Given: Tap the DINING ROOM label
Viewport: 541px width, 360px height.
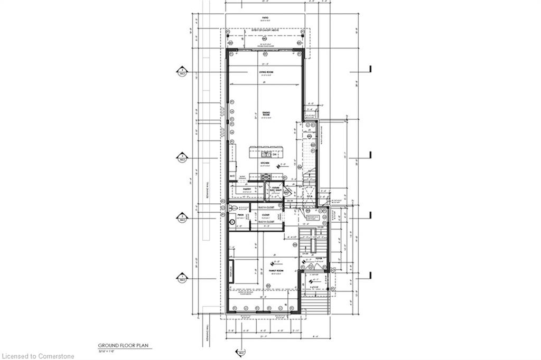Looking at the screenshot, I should (266, 113).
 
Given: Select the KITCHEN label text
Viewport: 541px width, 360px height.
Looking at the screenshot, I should (265, 164).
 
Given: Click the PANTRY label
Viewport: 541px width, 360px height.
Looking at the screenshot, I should (246, 188).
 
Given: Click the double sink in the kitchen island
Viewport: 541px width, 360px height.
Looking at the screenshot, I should (264, 155).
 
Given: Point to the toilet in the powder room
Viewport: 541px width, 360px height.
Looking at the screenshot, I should (231, 208).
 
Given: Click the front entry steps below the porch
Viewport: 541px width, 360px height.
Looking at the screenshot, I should (316, 304).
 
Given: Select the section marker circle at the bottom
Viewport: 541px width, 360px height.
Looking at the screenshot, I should (239, 352).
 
